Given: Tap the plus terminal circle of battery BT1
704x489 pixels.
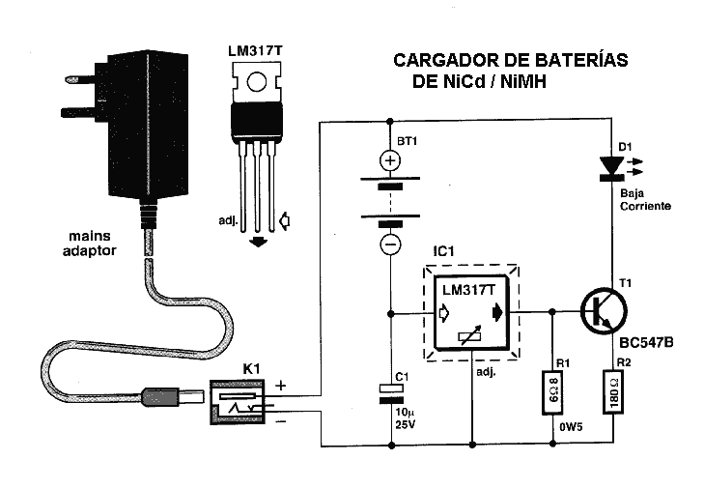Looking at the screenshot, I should point(390,161).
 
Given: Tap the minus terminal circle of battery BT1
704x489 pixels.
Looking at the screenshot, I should point(390,244).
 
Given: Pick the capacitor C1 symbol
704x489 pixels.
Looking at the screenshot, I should point(390,389).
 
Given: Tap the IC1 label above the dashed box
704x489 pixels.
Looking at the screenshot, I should point(446,250).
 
